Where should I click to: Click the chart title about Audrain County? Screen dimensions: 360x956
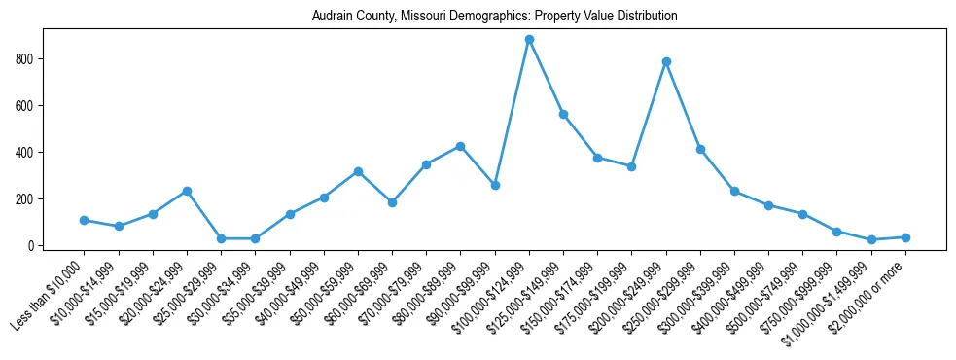point(494,17)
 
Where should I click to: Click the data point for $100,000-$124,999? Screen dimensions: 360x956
point(529,40)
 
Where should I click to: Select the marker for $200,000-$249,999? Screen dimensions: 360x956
point(666,61)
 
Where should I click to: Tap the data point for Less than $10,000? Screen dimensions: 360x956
point(85,220)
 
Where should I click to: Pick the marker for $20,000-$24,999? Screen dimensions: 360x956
point(187,191)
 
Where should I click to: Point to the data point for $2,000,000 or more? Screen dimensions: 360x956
point(905,237)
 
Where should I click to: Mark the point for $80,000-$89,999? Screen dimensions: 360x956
point(460,146)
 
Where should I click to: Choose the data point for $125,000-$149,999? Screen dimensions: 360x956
point(563,114)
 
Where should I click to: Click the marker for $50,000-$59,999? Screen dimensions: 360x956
point(358,171)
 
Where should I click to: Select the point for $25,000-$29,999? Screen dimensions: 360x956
point(222,238)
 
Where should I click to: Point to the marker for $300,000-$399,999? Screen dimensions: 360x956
point(734,191)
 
